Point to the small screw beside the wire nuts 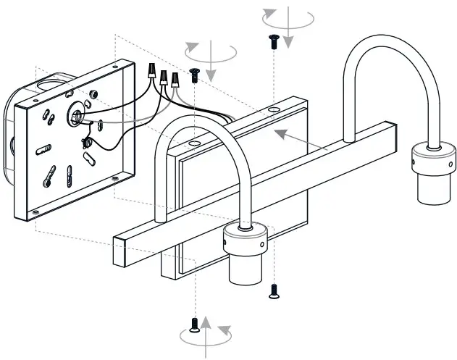tap(194, 72)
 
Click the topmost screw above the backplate tap(274, 41)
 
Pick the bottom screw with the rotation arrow tap(194, 325)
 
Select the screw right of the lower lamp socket tap(274, 290)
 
